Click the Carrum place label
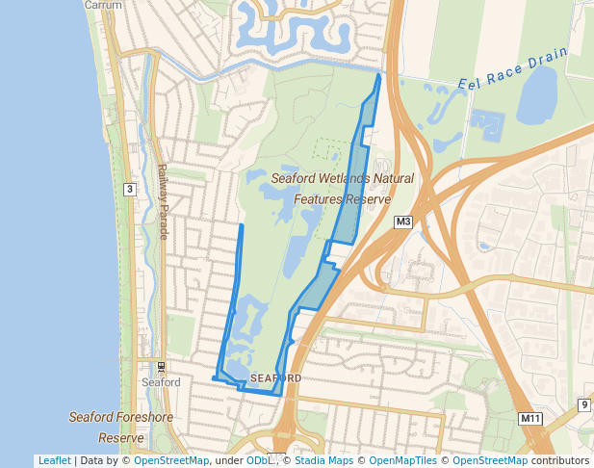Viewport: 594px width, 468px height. pos(102,5)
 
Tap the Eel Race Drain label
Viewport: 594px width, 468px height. pos(512,66)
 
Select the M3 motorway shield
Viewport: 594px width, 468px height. pos(403,223)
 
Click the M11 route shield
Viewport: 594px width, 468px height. pos(530,418)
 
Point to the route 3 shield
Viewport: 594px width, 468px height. pos(129,189)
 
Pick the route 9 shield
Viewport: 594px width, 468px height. pos(583,404)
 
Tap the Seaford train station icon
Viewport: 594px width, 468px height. pos(161,367)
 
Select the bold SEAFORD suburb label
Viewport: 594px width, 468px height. pos(275,378)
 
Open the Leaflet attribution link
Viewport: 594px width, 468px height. pos(54,460)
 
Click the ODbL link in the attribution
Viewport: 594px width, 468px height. pos(259,460)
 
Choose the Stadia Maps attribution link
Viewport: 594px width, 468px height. pos(323,460)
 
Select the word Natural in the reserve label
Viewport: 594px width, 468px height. pos(394,178)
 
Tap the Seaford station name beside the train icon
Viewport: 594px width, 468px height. pos(161,382)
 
